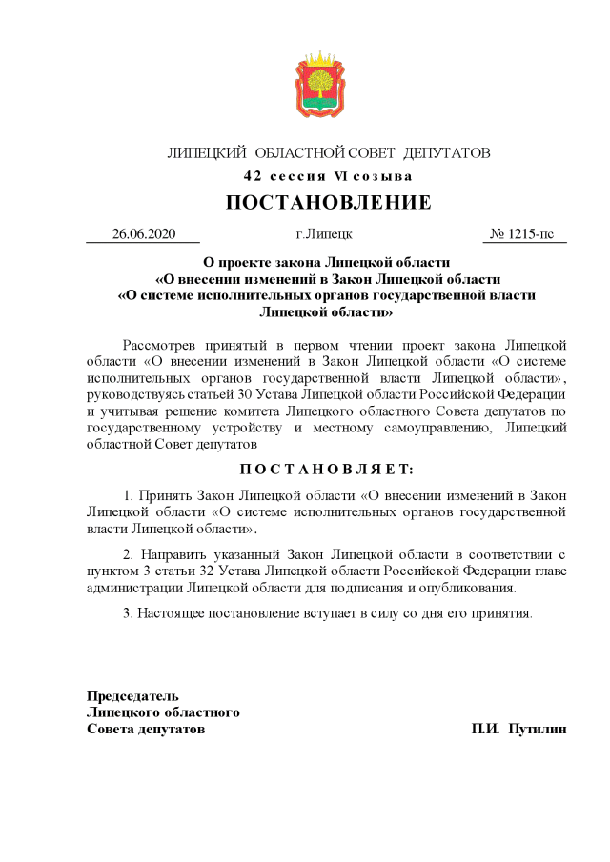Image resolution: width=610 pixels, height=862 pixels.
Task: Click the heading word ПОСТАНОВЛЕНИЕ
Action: point(328,202)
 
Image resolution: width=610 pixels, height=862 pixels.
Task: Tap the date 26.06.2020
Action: point(144,233)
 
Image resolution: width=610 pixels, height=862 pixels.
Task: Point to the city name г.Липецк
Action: point(324,233)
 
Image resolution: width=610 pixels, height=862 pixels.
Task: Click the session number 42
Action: point(253,176)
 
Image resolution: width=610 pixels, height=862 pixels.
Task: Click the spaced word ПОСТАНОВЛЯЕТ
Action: point(327,469)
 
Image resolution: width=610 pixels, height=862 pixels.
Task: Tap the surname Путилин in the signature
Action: point(538,729)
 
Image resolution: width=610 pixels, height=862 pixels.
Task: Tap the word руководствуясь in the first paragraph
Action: point(136,393)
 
